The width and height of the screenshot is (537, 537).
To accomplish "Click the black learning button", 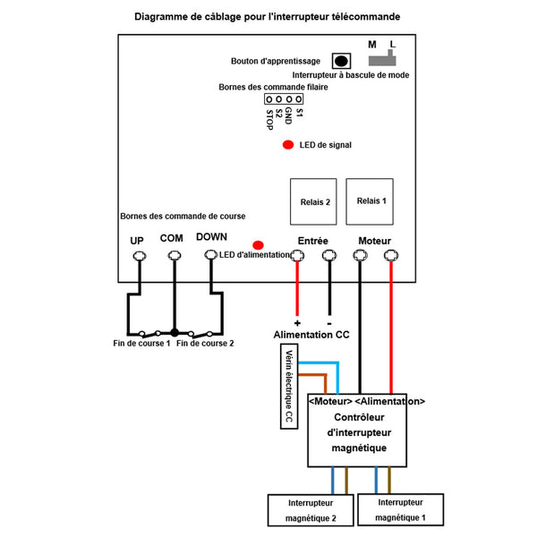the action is (341, 61).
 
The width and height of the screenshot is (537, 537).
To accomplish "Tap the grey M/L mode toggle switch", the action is (382, 60).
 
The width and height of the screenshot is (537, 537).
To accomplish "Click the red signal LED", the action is (288, 145).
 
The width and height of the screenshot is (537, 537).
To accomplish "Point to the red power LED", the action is (258, 245).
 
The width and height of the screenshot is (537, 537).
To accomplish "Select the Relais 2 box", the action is (313, 201).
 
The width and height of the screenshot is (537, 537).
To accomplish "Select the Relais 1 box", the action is (370, 201).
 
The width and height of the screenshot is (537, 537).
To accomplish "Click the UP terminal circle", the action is (140, 255).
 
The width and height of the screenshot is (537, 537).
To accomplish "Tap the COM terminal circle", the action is (175, 255).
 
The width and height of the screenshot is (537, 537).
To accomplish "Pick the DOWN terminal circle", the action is (211, 255).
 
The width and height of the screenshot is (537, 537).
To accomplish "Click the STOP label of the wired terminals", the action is (270, 120).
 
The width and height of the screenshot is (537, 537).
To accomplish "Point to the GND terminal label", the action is (288, 115).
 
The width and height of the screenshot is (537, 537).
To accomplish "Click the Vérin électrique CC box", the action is (289, 387).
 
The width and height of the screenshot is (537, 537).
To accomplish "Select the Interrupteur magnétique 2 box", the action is (311, 510).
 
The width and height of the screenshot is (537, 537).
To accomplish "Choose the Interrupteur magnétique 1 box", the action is (400, 509).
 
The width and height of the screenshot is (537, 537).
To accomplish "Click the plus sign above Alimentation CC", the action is (297, 323).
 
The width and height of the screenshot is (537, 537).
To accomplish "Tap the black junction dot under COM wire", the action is (175, 332).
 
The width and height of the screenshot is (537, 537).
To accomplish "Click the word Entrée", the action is (312, 241).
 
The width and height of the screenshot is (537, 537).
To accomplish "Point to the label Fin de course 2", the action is (205, 343).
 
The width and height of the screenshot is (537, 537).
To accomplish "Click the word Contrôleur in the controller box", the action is (359, 417).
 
